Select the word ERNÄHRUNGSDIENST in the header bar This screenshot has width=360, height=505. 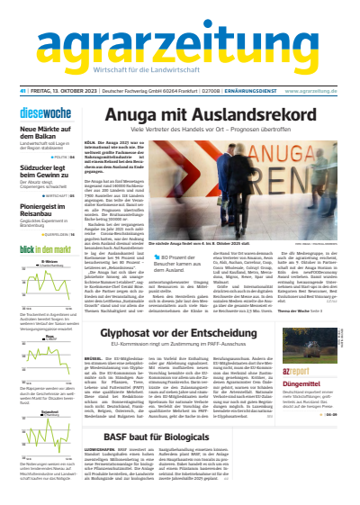[249, 91]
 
